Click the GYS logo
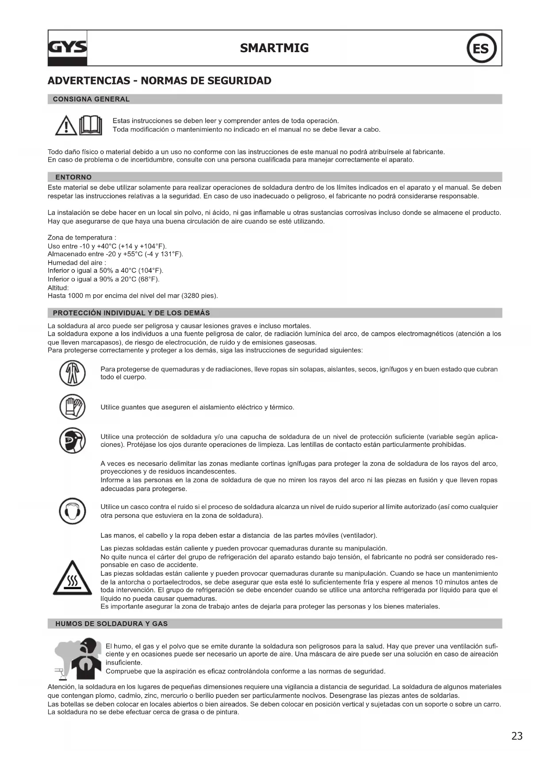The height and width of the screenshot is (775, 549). pyautogui.click(x=67, y=48)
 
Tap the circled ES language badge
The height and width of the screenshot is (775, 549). pyautogui.click(x=481, y=48)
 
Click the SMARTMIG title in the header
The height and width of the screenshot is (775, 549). pyautogui.click(x=274, y=48)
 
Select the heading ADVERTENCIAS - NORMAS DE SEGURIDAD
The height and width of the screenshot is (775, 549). pyautogui.click(x=159, y=81)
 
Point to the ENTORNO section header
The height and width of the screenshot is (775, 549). pyautogui.click(x=73, y=177)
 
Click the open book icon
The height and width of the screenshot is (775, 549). pyautogui.click(x=90, y=125)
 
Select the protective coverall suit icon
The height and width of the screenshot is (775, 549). pyautogui.click(x=72, y=373)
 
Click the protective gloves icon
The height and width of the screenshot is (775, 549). pyautogui.click(x=72, y=407)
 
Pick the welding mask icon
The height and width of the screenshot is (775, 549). pyautogui.click(x=72, y=441)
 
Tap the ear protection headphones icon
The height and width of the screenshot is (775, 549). pyautogui.click(x=72, y=511)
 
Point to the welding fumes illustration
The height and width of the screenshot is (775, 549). pyautogui.click(x=76, y=658)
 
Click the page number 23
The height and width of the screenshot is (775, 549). pyautogui.click(x=517, y=736)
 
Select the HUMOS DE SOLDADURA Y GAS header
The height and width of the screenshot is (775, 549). pyautogui.click(x=111, y=624)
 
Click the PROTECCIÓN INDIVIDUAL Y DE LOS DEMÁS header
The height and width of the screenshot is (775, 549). pyautogui.click(x=131, y=313)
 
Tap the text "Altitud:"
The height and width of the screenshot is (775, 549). pyautogui.click(x=58, y=288)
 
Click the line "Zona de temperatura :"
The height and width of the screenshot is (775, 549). pyautogui.click(x=82, y=238)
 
